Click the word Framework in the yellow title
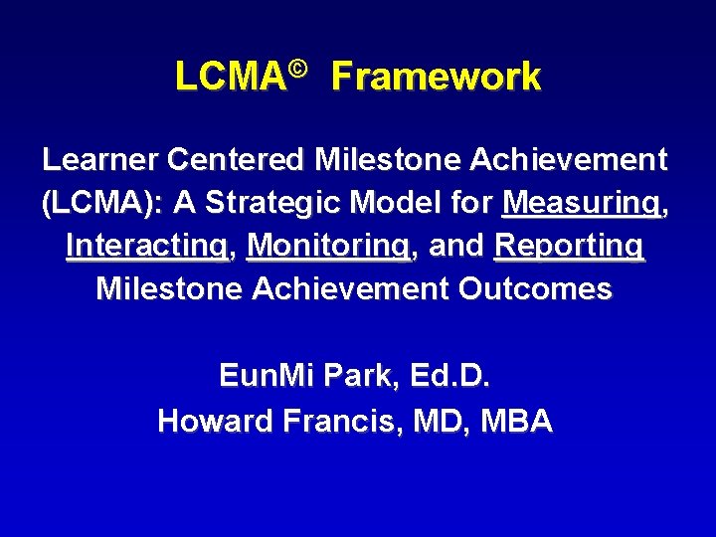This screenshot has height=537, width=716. tap(436, 77)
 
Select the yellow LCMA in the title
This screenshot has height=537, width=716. tap(228, 77)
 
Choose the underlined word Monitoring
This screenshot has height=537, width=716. tap(329, 246)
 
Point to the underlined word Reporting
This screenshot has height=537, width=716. tap(569, 246)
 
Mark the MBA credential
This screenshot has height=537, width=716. tap(516, 422)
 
